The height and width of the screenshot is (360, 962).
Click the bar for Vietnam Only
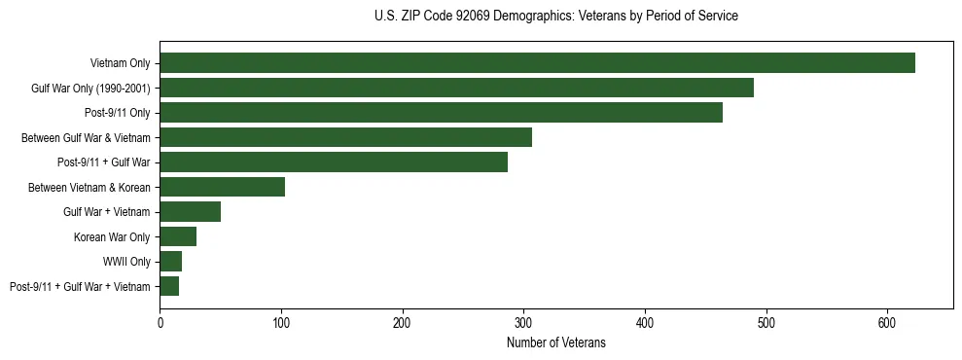[537, 63]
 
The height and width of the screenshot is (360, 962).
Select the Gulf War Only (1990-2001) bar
[456, 88]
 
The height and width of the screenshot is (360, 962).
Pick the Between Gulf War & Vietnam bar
[345, 137]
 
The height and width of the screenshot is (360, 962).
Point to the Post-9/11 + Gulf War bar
[334, 162]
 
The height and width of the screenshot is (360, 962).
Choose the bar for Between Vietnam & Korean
[222, 187]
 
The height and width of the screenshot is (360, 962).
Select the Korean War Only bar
[178, 236]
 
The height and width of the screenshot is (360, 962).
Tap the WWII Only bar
[171, 261]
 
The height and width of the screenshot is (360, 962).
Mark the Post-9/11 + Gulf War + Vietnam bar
[169, 286]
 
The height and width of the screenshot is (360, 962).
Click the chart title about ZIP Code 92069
[555, 17]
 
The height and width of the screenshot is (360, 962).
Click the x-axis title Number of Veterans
[555, 343]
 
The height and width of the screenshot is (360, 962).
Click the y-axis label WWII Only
[127, 262]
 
